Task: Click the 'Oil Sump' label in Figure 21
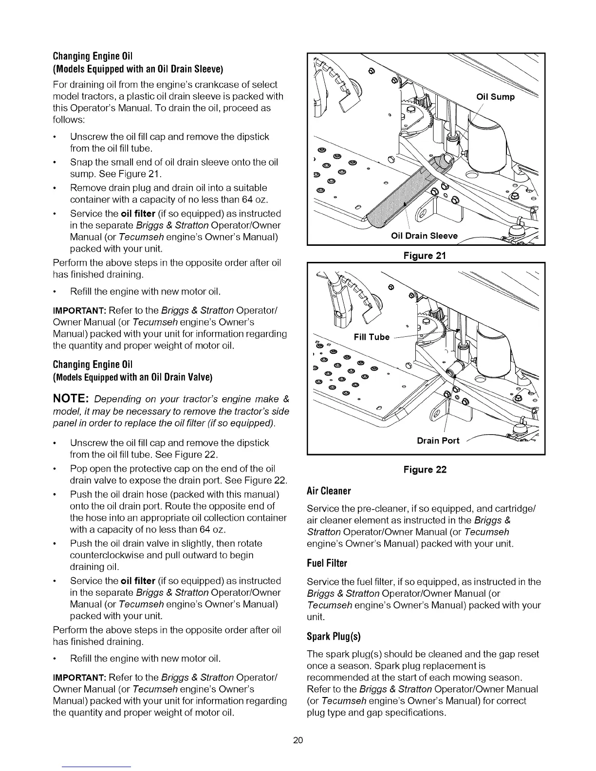click(x=495, y=96)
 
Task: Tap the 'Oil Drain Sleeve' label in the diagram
click(x=424, y=236)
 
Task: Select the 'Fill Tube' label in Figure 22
click(x=372, y=337)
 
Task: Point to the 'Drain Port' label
click(x=438, y=441)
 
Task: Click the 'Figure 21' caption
click(x=425, y=256)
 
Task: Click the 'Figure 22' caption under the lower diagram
click(x=425, y=470)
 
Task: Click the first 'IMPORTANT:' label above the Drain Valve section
click(x=79, y=311)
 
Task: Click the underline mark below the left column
click(x=97, y=767)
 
